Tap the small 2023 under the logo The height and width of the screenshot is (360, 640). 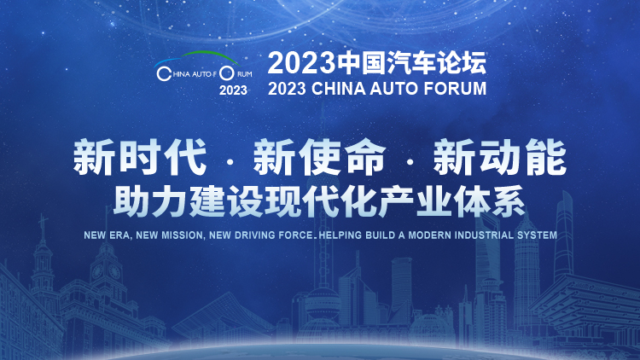(233, 90)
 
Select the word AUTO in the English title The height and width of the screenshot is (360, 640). (394, 89)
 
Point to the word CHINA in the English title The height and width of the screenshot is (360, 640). (339, 89)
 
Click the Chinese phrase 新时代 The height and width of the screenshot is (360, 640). (140, 157)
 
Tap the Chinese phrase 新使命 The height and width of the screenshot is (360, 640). (319, 157)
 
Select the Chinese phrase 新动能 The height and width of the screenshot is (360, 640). (499, 157)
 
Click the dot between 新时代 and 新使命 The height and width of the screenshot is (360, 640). (230, 162)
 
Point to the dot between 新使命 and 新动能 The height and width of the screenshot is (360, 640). (410, 162)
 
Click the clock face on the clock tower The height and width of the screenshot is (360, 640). (114, 271)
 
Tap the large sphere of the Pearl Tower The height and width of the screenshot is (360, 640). (323, 303)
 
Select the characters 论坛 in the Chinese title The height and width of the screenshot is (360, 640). (462, 63)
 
